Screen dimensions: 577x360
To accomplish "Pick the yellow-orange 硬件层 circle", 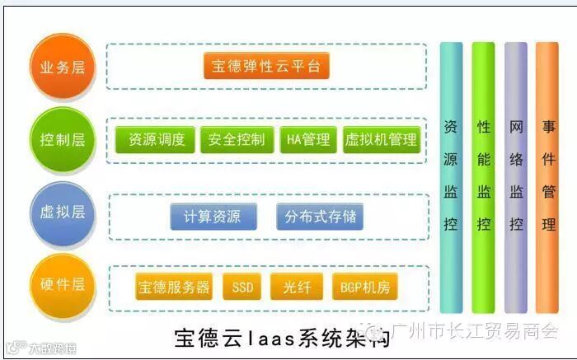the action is pyautogui.click(x=63, y=285).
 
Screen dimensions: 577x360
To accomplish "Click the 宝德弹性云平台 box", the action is pyautogui.click(x=266, y=66).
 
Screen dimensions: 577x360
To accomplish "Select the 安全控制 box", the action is pyautogui.click(x=237, y=139).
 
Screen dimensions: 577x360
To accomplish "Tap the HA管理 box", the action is pyautogui.click(x=307, y=139).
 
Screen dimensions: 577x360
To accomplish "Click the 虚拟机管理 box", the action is pyautogui.click(x=381, y=139).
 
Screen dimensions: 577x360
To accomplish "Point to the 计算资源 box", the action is pyautogui.click(x=212, y=217).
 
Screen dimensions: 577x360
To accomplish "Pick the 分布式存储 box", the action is pyautogui.click(x=320, y=217).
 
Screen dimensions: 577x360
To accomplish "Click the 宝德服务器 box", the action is pyautogui.click(x=173, y=287).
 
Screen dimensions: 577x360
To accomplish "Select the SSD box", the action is pyautogui.click(x=242, y=287).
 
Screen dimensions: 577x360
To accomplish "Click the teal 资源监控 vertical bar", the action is pyautogui.click(x=451, y=177).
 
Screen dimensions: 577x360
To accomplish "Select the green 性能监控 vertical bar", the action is pyautogui.click(x=483, y=177).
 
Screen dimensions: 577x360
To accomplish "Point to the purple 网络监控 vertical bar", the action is pyautogui.click(x=515, y=177).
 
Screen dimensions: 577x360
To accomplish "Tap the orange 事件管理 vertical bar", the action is pyautogui.click(x=547, y=177).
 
